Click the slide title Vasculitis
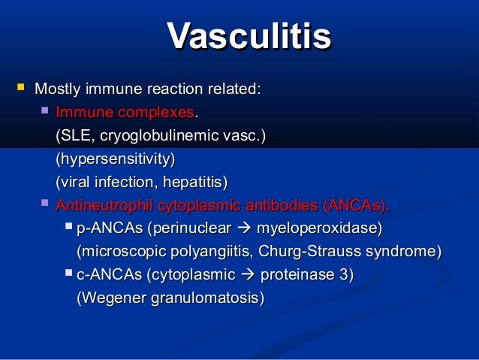pos(249,35)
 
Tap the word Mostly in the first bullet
pos(58,90)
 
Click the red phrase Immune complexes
pos(125,113)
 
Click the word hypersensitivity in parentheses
pos(115,159)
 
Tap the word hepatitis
pos(193,182)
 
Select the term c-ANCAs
pos(110,274)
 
